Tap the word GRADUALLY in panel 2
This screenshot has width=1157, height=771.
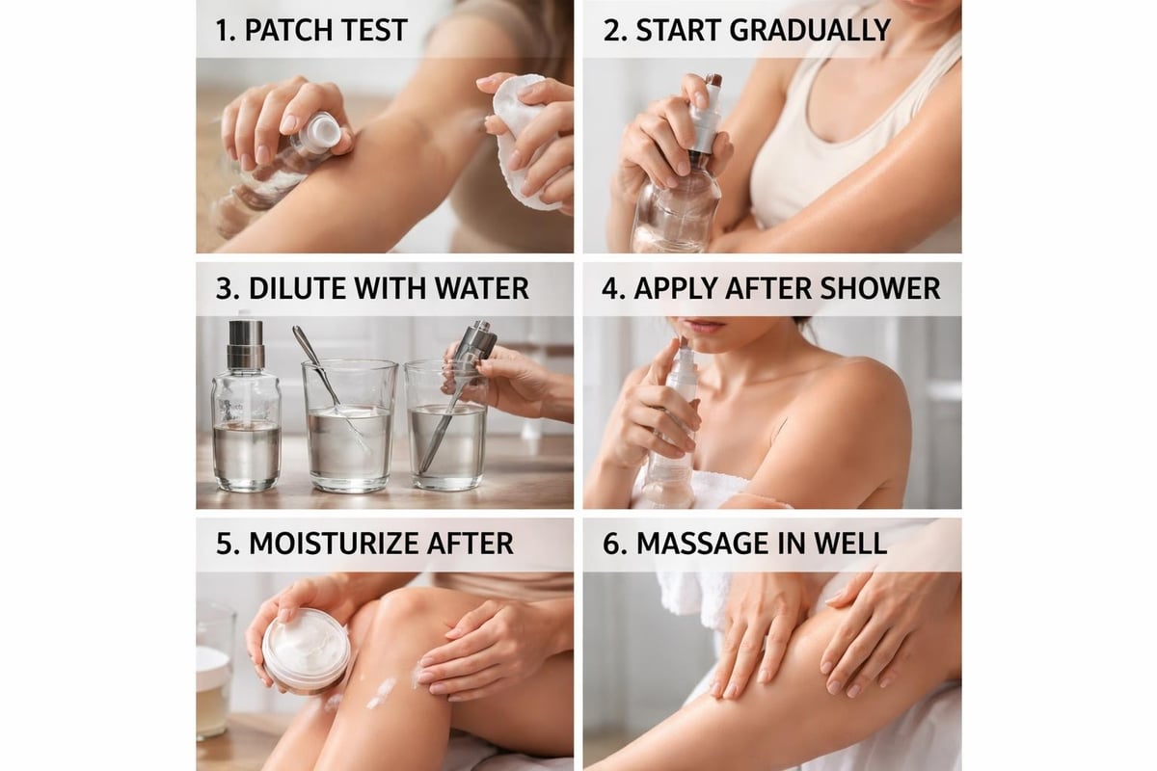click(x=809, y=29)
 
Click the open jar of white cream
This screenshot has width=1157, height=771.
click(x=306, y=651)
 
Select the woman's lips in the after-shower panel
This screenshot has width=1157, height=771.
click(x=705, y=327)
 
